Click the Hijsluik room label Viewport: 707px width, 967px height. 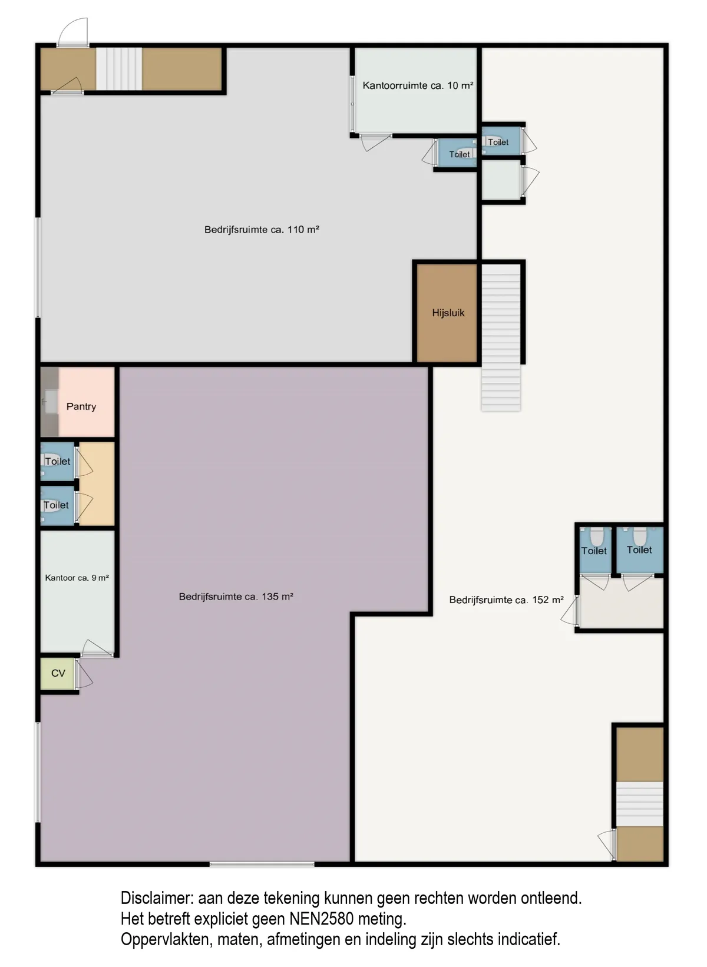tap(448, 313)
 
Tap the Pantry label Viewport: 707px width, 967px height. tap(81, 407)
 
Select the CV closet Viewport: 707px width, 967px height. tap(58, 674)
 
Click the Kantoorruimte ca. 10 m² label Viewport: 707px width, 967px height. tap(418, 85)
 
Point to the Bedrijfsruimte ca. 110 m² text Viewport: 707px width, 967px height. tap(262, 230)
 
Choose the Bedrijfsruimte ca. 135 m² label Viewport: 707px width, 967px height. tap(236, 597)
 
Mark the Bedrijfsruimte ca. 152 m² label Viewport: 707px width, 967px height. tap(506, 600)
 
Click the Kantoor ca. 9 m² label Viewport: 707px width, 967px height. tap(77, 578)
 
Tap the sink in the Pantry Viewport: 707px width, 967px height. tap(51, 402)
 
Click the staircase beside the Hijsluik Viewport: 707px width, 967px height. tap(501, 337)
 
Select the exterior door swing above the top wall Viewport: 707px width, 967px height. tap(73, 32)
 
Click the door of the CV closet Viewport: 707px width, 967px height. tap(84, 675)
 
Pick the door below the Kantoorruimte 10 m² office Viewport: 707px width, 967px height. tap(376, 143)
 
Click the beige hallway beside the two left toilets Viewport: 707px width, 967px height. tap(97, 484)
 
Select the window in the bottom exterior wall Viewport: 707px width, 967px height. tap(262, 865)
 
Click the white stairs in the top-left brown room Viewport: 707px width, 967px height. tap(119, 69)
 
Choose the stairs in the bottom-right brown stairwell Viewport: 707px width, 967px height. tap(640, 804)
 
